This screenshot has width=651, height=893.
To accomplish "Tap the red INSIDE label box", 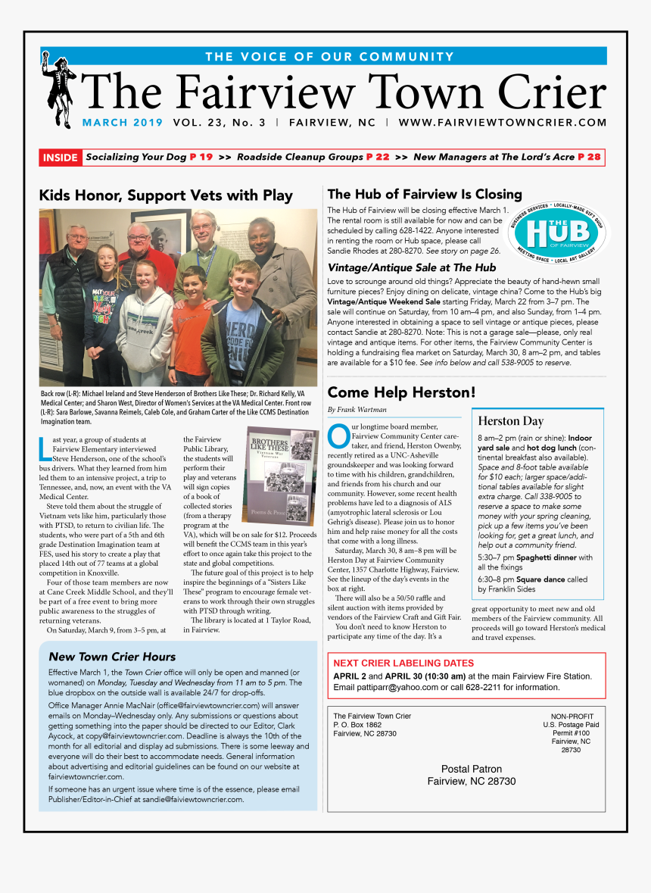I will [x=61, y=158].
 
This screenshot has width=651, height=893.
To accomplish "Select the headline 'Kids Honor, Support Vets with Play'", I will [x=166, y=195].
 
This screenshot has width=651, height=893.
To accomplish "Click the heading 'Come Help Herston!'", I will [x=401, y=392].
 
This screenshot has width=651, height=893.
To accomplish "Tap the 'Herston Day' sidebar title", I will [x=511, y=421].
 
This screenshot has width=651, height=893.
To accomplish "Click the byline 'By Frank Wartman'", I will [x=353, y=410].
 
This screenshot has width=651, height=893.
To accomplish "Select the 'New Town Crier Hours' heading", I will [x=112, y=657].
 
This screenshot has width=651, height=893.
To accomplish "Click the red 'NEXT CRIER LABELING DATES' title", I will [x=403, y=663].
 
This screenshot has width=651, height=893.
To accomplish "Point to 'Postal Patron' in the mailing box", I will [x=471, y=769].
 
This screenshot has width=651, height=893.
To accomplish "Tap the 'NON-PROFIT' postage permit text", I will [x=572, y=717].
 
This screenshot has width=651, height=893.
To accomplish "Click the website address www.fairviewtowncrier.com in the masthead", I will [x=503, y=123].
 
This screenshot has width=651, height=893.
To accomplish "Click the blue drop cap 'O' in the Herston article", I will [x=338, y=437].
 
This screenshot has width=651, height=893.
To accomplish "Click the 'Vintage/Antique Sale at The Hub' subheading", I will [x=412, y=267].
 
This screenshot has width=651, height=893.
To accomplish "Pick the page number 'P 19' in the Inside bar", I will [x=201, y=158].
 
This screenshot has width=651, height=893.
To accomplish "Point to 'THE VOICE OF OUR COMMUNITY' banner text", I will [x=329, y=57].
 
